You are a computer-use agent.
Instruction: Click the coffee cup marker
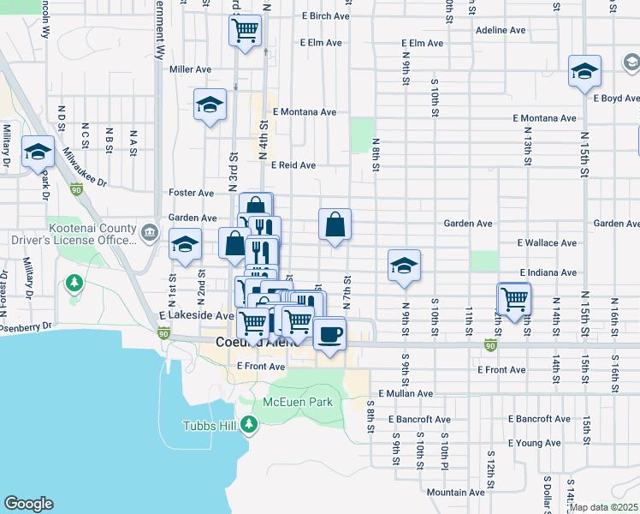click(x=329, y=333)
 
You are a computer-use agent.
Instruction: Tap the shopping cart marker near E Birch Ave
click(x=245, y=32)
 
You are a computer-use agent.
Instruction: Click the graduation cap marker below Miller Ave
click(x=210, y=105)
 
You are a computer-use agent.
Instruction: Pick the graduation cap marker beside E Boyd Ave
click(x=584, y=71)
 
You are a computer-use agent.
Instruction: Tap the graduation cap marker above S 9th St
click(x=404, y=266)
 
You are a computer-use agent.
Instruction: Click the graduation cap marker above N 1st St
click(x=185, y=245)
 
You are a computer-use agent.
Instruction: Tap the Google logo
click(x=28, y=504)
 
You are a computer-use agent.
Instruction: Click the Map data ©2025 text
click(x=604, y=507)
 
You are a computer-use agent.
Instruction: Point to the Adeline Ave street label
click(x=500, y=29)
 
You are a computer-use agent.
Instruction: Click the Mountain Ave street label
click(x=455, y=493)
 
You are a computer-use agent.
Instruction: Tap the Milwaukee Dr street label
click(x=84, y=170)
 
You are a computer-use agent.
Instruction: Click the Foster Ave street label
click(x=192, y=194)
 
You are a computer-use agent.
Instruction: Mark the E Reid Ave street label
click(x=293, y=165)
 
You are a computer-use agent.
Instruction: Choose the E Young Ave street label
click(x=534, y=443)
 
